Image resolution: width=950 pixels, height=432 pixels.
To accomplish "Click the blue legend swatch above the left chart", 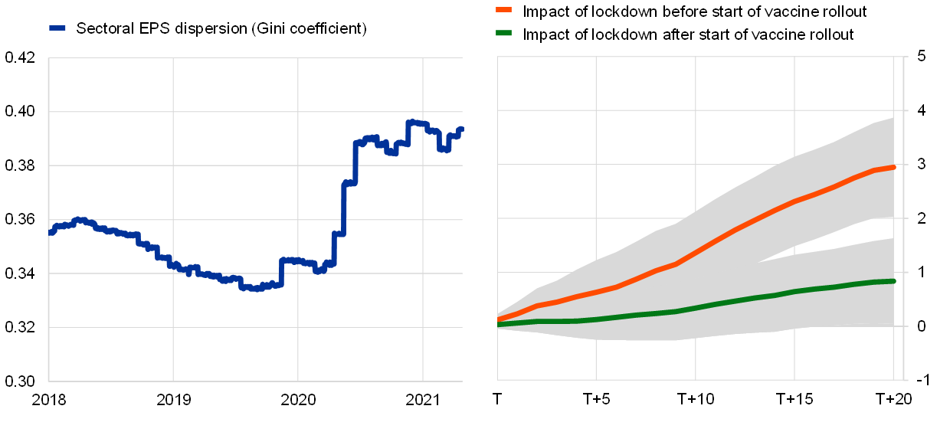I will (x=57, y=28).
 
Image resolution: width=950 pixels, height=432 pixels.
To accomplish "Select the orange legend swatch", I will (x=503, y=10).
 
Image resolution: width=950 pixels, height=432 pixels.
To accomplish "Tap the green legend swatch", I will (x=503, y=33).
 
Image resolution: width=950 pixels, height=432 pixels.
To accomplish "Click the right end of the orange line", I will (x=893, y=167).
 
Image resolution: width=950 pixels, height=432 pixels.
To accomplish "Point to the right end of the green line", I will (x=893, y=281).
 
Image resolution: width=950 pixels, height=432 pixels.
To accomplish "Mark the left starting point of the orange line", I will (x=498, y=319).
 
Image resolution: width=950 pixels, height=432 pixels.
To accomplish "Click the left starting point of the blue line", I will (x=51, y=232).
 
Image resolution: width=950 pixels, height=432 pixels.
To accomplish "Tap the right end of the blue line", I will (x=461, y=129).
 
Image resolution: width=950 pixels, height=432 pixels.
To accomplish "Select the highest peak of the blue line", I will (x=411, y=122).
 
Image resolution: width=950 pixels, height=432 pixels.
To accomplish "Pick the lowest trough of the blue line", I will (x=256, y=289).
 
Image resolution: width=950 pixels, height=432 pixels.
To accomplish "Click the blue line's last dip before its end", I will (x=444, y=149).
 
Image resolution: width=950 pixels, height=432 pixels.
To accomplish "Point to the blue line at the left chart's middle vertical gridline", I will (x=298, y=260).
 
